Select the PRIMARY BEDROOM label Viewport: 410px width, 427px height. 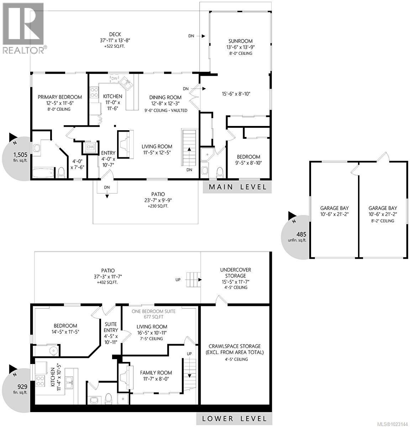[x=60, y=97]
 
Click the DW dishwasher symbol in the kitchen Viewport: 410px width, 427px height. [x=114, y=78]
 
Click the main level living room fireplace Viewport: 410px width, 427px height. [x=126, y=144]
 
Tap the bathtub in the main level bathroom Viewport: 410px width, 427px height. [x=43, y=174]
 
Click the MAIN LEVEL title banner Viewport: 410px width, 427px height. [x=237, y=187]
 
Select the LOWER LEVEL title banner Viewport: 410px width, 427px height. [x=235, y=418]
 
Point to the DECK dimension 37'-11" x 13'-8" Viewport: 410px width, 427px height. [x=115, y=40]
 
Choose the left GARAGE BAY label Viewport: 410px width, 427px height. [x=334, y=208]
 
